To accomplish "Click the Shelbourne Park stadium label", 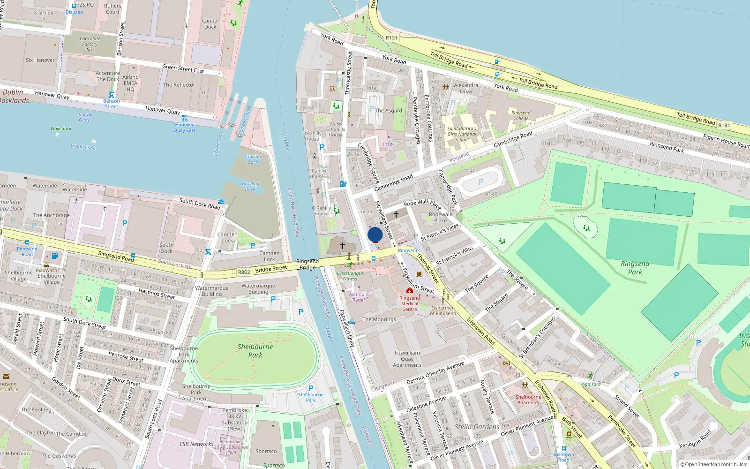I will pyautogui.click(x=255, y=351).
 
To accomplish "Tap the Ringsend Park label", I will pyautogui.click(x=635, y=268).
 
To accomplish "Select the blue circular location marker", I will pyautogui.click(x=375, y=234).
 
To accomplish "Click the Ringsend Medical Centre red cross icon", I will pyautogui.click(x=410, y=291).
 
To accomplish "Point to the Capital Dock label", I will pyautogui.click(x=210, y=24).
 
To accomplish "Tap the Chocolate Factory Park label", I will pyautogui.click(x=90, y=44).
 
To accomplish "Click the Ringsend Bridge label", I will pyautogui.click(x=307, y=265).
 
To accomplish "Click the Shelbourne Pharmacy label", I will pyautogui.click(x=528, y=400).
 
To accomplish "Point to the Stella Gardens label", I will pyautogui.click(x=477, y=427).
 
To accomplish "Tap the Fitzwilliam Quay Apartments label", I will pyautogui.click(x=407, y=359).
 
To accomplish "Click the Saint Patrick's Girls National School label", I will pyautogui.click(x=462, y=134).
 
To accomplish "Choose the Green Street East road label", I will pyautogui.click(x=183, y=69).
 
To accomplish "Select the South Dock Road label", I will pyautogui.click(x=200, y=204).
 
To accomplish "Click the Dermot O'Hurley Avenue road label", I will pyautogui.click(x=435, y=373).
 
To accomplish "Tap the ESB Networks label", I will pyautogui.click(x=196, y=444).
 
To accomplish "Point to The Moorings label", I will pyautogui.click(x=379, y=319).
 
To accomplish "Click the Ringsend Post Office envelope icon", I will pyautogui.click(x=6, y=377).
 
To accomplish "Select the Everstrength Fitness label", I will pyautogui.click(x=350, y=276).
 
